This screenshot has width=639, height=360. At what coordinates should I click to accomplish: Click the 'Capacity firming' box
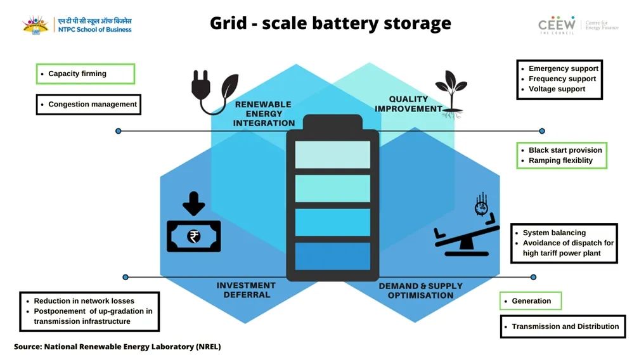pos(86,74)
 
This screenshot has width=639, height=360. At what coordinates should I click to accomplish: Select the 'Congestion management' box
pos(88,105)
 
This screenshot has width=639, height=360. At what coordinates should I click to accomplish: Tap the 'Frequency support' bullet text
pos(562,79)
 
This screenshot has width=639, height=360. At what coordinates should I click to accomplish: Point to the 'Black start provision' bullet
pos(565,150)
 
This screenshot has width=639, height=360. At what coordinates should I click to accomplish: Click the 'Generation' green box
pos(531,301)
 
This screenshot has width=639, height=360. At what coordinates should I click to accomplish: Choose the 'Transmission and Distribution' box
pos(563,326)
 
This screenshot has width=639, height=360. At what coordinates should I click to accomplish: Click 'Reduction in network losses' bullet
pos(84,301)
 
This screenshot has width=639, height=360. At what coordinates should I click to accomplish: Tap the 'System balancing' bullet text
pos(554,233)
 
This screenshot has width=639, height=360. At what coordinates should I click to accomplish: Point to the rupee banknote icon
pos(193,236)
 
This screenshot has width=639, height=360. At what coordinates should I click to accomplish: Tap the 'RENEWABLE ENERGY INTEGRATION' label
pos(264,113)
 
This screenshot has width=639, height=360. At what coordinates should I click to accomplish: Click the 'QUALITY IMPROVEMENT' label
pos(408,104)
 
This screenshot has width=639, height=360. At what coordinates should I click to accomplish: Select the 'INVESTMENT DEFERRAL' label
pos(246,290)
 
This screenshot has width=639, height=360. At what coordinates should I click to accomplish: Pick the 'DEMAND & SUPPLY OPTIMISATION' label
pos(421,290)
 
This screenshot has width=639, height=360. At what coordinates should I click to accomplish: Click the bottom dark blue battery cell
pos(332,256)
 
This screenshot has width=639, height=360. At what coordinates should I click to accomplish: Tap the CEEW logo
pos(557,25)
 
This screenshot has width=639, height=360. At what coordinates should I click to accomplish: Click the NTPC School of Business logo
pos(77,25)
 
